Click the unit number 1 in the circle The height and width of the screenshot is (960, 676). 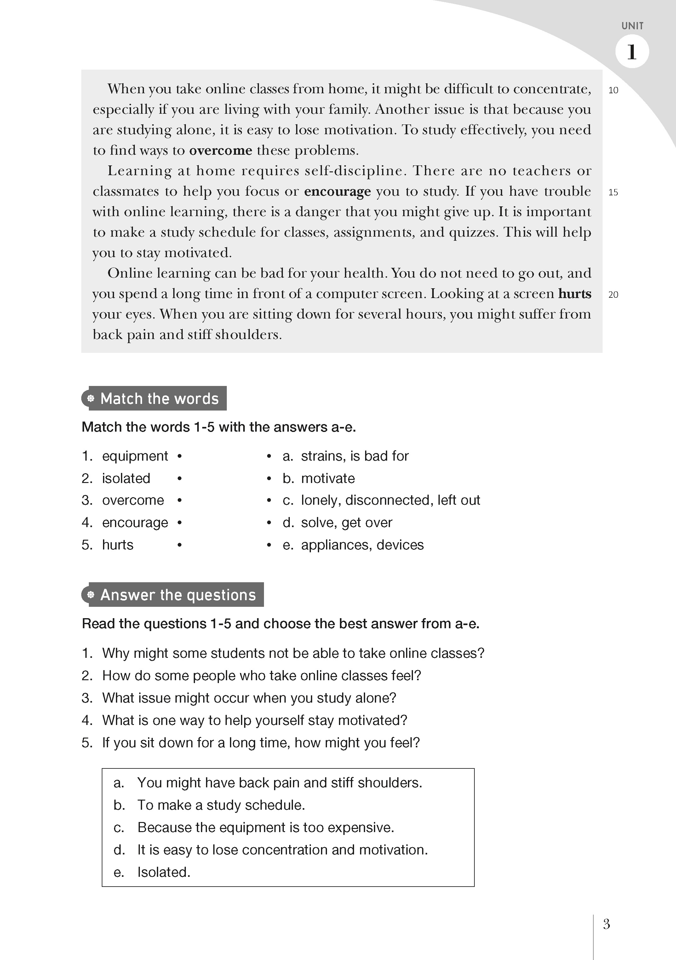(x=632, y=52)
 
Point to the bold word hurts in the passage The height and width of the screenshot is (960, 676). (x=575, y=294)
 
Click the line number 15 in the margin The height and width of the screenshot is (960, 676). (x=613, y=192)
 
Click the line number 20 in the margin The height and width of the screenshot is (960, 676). (x=613, y=295)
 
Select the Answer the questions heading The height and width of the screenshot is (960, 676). (x=177, y=595)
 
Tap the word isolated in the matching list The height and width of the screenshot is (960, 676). (x=126, y=478)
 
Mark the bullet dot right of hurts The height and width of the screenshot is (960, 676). (x=179, y=545)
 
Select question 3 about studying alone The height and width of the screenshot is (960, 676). (x=249, y=698)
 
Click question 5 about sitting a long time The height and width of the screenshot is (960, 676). (x=261, y=743)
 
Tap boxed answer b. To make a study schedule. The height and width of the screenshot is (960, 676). (x=221, y=805)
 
